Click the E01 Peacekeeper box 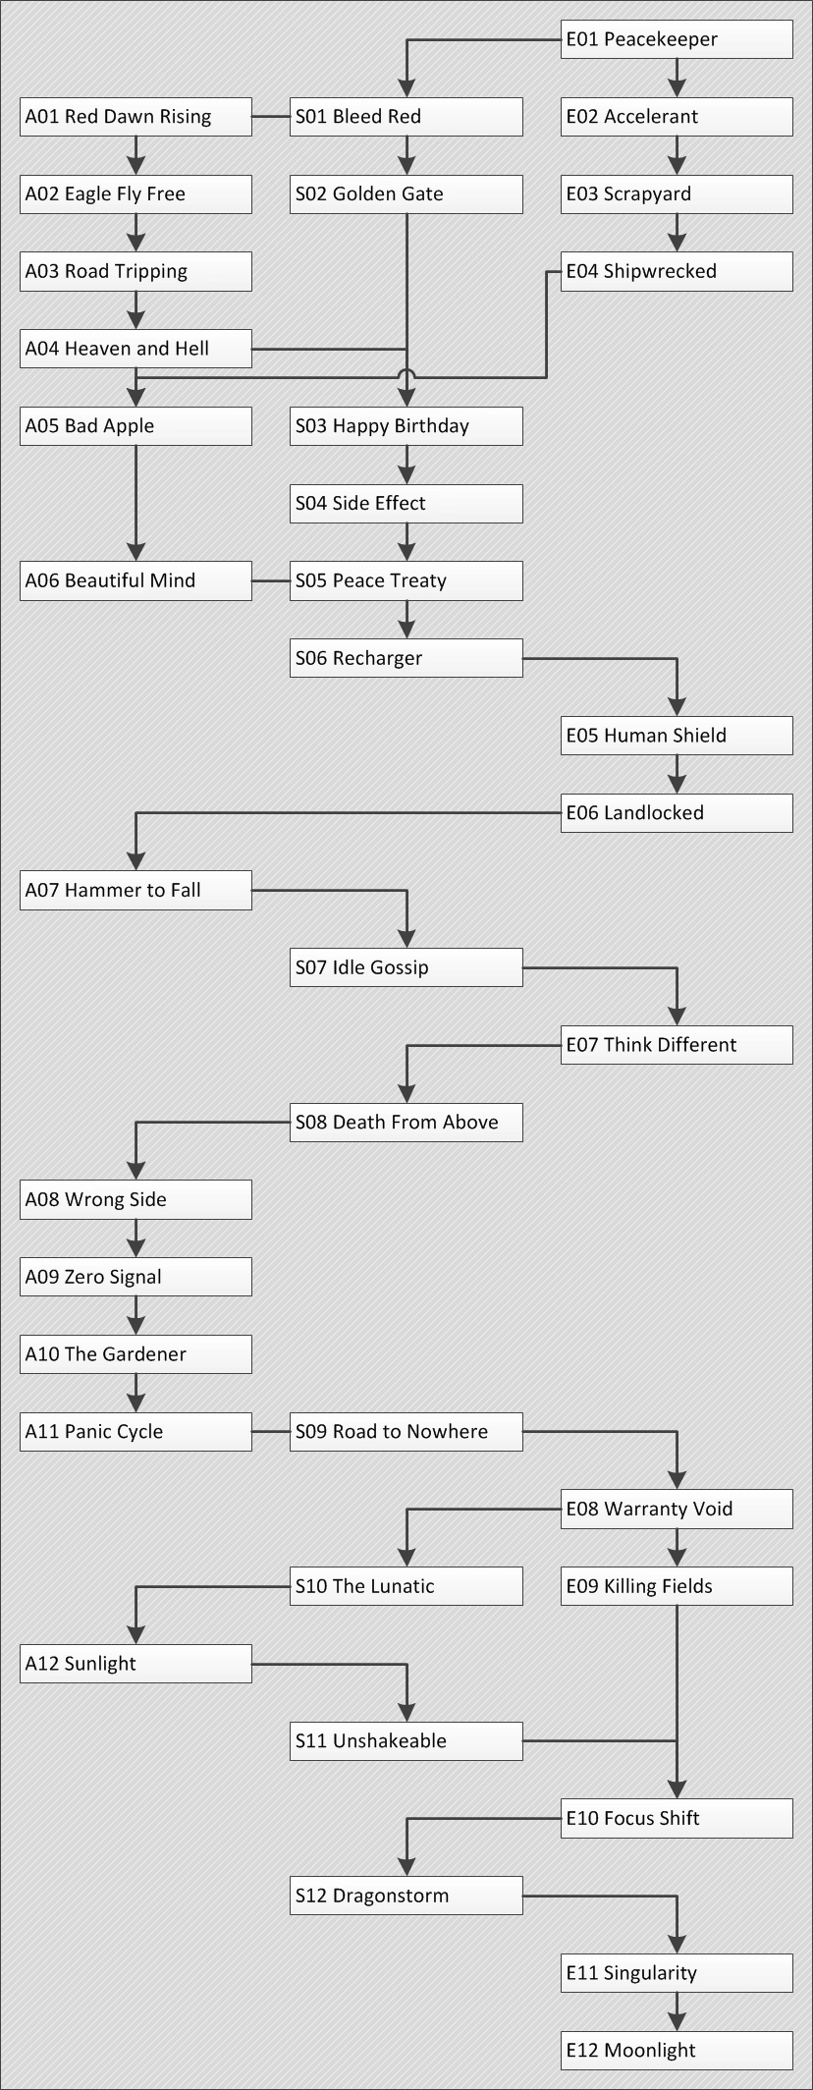(x=677, y=39)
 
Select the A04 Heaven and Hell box (x=135, y=349)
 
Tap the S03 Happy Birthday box (x=406, y=426)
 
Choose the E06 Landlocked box (x=677, y=813)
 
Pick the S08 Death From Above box (x=406, y=1123)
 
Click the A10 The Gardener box (x=135, y=1354)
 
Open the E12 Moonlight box (x=677, y=2051)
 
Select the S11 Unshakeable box (x=406, y=1741)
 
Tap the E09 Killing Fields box (x=677, y=1586)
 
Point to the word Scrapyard (x=647, y=194)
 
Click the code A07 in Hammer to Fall (x=42, y=891)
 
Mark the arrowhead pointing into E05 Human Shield (x=677, y=707)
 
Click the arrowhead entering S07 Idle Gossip (x=406, y=939)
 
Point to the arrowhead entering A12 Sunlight (x=136, y=1635)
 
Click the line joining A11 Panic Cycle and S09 (x=271, y=1432)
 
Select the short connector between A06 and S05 (x=271, y=581)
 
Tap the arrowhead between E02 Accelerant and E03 (x=677, y=166)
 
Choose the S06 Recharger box (x=406, y=658)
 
